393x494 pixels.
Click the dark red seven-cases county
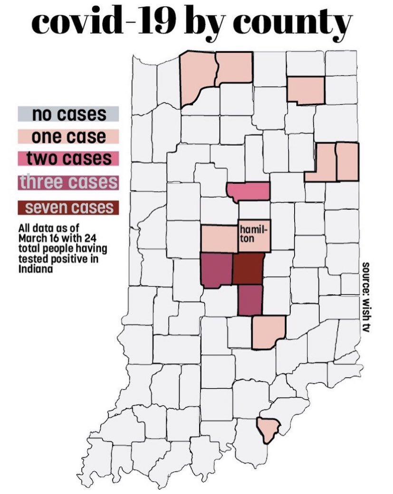click(248, 268)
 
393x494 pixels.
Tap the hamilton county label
click(249, 234)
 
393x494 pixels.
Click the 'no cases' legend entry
click(68, 114)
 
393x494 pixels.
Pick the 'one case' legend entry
click(68, 136)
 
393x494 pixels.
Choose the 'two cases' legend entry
click(68, 159)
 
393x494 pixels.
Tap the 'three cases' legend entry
click(68, 182)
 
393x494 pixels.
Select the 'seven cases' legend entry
click(68, 208)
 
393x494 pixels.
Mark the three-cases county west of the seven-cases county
click(216, 270)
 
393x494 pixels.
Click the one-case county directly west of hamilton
click(220, 238)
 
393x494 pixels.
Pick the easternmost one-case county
click(347, 162)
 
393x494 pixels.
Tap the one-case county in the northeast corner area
click(306, 89)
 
